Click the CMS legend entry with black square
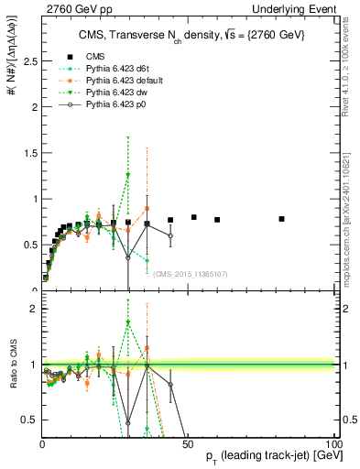point(92,55)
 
